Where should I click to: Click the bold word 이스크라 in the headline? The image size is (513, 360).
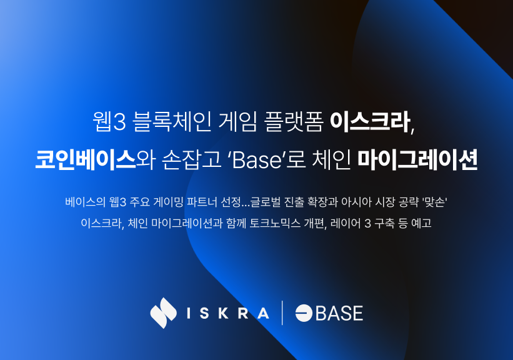coord(370,122)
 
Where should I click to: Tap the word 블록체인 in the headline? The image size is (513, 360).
coord(172,122)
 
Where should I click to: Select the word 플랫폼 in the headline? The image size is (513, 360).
coord(294,122)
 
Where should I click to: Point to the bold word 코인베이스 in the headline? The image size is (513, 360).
coord(86,159)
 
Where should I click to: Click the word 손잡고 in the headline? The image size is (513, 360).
coord(191,159)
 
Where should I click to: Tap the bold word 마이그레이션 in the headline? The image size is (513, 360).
coord(417,159)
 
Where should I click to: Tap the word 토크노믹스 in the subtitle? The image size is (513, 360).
coord(275,223)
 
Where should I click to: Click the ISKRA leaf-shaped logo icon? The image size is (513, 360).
coord(163,313)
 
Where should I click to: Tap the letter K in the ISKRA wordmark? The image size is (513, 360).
coord(223,313)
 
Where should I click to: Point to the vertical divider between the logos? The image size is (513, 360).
coord(282,313)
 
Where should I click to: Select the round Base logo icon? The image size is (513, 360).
coord(304,313)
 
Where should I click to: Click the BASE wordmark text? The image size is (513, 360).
coord(339,313)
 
